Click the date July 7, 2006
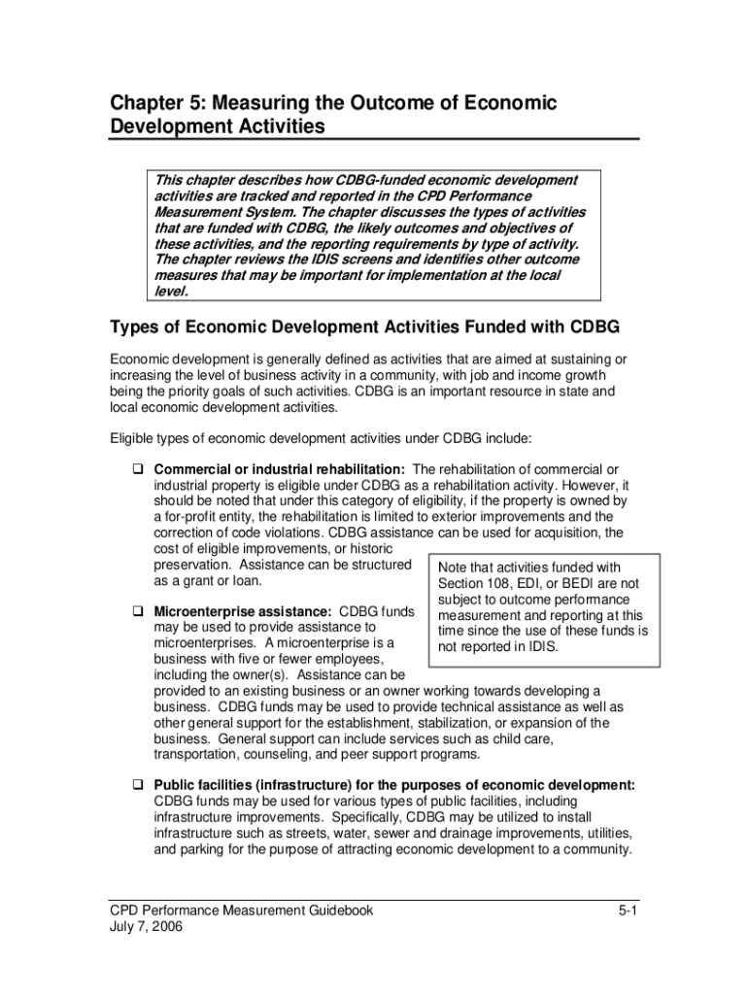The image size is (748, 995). (x=145, y=926)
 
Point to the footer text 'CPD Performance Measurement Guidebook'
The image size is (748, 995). (x=241, y=910)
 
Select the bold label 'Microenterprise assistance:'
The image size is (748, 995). (x=244, y=611)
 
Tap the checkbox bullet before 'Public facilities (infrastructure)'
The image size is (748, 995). (x=139, y=785)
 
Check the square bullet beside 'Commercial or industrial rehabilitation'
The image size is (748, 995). (x=139, y=470)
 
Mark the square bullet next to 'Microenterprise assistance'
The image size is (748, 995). (x=139, y=612)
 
